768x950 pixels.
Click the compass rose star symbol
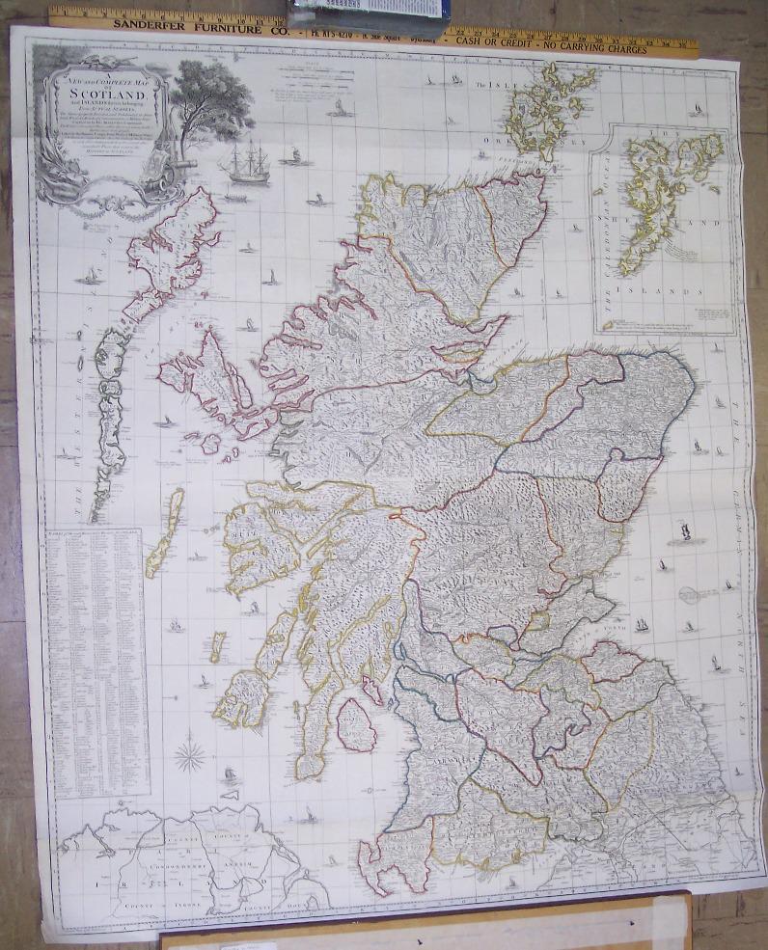(191, 753)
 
